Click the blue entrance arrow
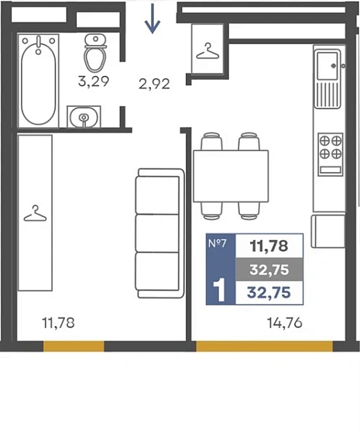(153, 19)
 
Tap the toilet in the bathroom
(95, 53)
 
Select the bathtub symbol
(39, 81)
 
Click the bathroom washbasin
(84, 117)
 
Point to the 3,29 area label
(94, 81)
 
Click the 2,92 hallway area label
(154, 84)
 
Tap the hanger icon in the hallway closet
(207, 51)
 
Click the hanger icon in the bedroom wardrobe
(35, 213)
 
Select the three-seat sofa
(159, 233)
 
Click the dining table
(231, 176)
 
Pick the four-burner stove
(331, 154)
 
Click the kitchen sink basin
(327, 66)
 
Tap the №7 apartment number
(218, 243)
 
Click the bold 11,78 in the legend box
(269, 246)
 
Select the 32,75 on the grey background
(269, 270)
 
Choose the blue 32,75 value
(269, 293)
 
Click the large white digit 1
(221, 290)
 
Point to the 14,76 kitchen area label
(285, 323)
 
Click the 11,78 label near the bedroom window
(58, 323)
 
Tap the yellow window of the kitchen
(264, 346)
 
